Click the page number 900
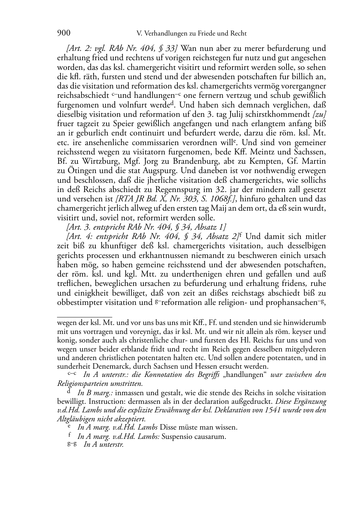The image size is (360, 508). pos(63,33)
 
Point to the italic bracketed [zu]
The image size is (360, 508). pos(319,115)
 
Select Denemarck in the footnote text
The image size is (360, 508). pos(108,366)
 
